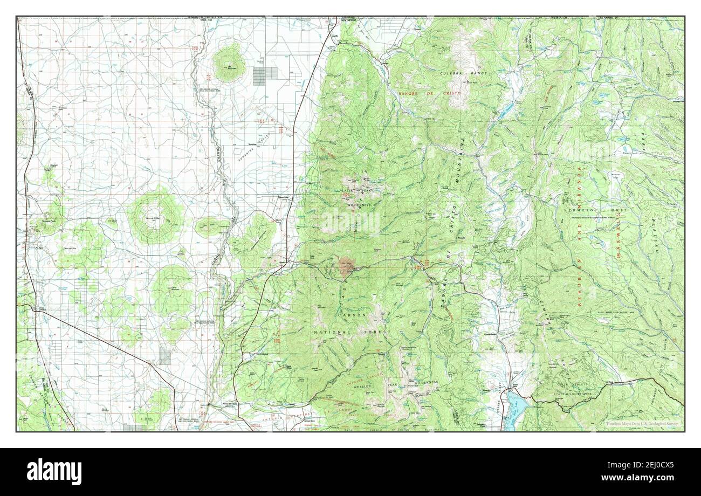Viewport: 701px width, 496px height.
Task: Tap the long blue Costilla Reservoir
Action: point(505,111)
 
